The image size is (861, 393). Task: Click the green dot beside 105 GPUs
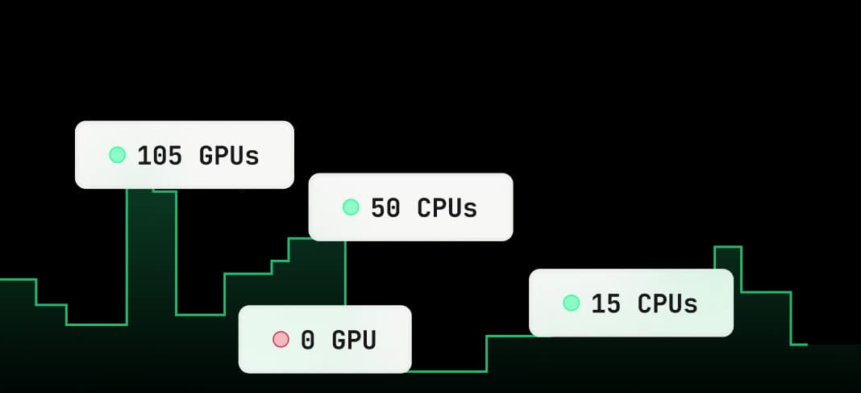(x=118, y=155)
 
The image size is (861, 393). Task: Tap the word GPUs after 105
(x=229, y=156)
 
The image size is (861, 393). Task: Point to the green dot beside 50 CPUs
(x=351, y=207)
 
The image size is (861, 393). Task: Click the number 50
(x=385, y=208)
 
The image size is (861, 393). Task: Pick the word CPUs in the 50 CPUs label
(x=447, y=208)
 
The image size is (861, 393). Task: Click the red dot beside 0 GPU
(x=281, y=340)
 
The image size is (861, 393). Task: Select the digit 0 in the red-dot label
(x=308, y=341)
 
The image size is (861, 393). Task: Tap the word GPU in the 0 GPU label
(x=354, y=341)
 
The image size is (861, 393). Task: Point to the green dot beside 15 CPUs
(x=572, y=303)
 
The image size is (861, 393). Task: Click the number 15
(x=606, y=304)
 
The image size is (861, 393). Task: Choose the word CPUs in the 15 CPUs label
(x=668, y=304)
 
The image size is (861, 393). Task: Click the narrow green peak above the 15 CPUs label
(x=727, y=247)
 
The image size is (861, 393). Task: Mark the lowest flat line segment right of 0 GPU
(x=448, y=371)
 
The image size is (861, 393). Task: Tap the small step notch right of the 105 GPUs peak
(x=164, y=191)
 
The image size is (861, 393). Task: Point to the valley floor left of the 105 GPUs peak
(x=96, y=324)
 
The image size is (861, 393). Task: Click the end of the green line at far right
(x=806, y=345)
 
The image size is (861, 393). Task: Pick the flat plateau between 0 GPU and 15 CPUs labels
(x=508, y=336)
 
